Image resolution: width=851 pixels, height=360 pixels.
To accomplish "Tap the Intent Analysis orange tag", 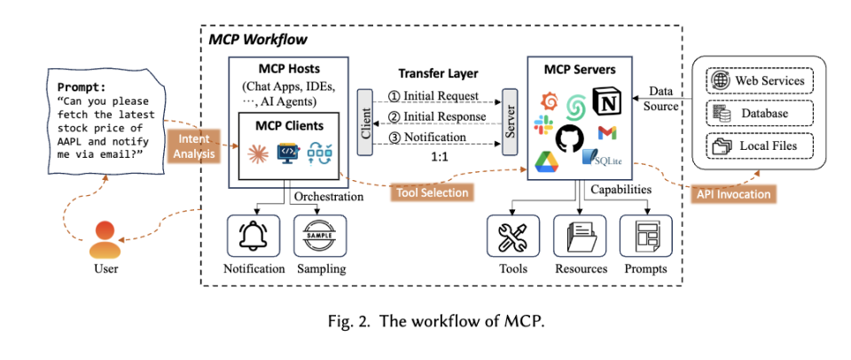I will click(189, 145).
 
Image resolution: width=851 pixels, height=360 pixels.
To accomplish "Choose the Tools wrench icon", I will click(513, 237).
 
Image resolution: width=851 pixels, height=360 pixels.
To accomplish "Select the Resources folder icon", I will click(581, 237).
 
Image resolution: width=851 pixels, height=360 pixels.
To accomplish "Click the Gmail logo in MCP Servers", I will click(608, 134).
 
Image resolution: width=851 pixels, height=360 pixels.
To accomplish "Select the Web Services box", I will click(759, 81).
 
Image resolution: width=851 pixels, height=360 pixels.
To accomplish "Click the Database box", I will click(759, 113).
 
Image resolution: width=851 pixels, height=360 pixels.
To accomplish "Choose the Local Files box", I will click(759, 145).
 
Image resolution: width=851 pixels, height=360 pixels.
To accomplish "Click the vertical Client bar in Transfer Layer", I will click(365, 122).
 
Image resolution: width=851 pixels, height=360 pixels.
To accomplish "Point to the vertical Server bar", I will click(509, 122).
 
